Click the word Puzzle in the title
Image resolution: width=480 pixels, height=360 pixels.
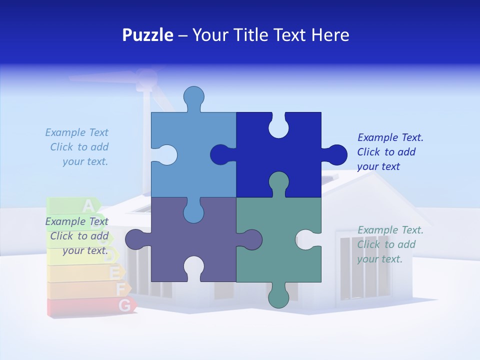148,35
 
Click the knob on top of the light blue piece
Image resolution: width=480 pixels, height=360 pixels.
193,97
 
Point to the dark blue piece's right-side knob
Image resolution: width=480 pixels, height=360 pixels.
336,154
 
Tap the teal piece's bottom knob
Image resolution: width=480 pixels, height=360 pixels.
278,296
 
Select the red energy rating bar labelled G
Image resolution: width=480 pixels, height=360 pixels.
90,306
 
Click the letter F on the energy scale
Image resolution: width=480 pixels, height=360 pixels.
120,288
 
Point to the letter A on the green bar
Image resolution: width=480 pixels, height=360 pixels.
88,205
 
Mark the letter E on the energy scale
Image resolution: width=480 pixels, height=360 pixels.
115,273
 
